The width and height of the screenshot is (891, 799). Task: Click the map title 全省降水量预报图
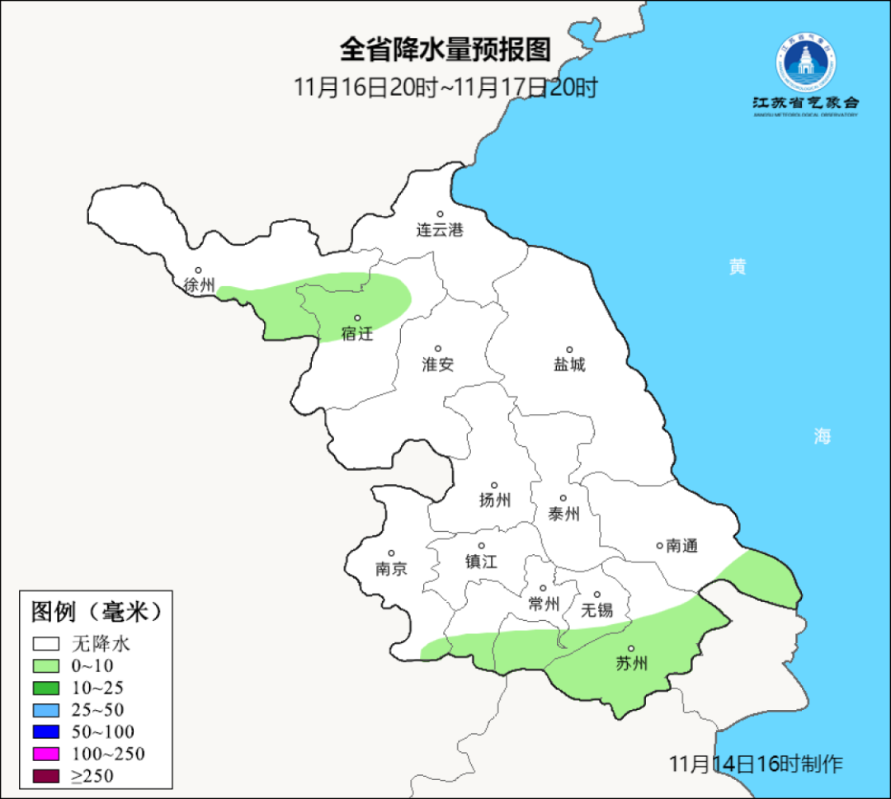click(445, 50)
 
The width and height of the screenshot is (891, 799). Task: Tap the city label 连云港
click(440, 230)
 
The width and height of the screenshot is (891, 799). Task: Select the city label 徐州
click(199, 285)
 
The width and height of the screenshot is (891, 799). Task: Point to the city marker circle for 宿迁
click(358, 317)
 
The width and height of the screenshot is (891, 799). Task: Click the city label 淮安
click(438, 364)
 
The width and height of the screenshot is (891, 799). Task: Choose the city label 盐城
click(569, 364)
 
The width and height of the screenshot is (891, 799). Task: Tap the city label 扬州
click(495, 500)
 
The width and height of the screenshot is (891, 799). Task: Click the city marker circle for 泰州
click(563, 498)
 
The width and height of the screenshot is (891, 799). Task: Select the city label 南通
click(682, 545)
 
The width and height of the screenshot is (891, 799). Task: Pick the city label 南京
click(391, 569)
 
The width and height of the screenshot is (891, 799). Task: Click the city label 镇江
click(481, 561)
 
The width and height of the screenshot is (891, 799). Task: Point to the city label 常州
click(544, 604)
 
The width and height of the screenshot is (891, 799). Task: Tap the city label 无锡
click(597, 610)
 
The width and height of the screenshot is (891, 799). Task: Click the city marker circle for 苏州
click(631, 649)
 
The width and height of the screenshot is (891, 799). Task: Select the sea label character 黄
click(738, 266)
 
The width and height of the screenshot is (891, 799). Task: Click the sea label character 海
click(822, 437)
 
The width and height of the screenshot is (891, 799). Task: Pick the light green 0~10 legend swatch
click(46, 665)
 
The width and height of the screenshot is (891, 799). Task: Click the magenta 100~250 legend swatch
click(46, 754)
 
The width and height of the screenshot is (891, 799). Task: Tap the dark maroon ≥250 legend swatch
click(46, 775)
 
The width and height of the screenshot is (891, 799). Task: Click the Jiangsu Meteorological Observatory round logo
click(805, 63)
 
